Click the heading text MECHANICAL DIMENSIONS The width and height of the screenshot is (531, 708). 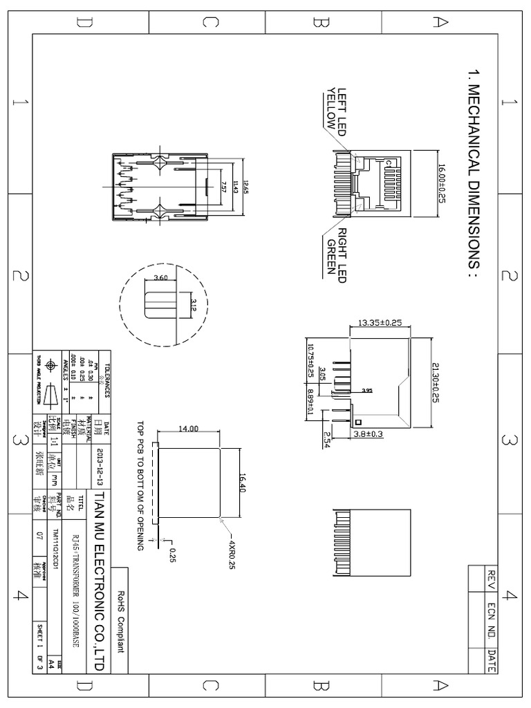pyautogui.click(x=474, y=172)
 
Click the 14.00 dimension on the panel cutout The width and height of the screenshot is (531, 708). pyautogui.click(x=188, y=429)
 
